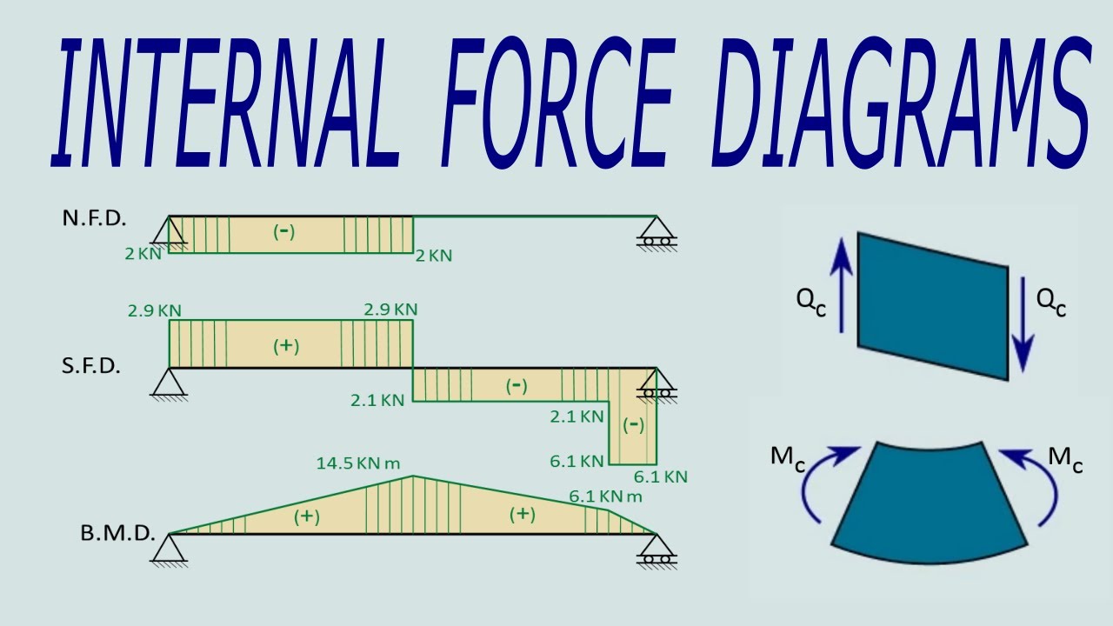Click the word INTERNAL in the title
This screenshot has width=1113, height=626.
[222, 103]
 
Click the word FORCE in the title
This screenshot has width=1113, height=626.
[556, 103]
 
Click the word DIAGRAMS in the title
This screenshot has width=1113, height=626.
[904, 103]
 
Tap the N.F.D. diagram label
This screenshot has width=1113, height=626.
[94, 218]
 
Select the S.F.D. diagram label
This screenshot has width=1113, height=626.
[90, 366]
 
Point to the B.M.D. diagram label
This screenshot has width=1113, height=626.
[117, 533]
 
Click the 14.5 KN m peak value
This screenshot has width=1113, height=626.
[363, 463]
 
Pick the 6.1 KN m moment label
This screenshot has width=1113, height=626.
[605, 496]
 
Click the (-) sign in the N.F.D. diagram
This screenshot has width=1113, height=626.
[284, 232]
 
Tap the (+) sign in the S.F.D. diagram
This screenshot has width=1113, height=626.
[286, 345]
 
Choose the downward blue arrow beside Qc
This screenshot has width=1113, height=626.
[1023, 320]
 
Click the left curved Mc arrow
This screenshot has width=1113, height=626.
[826, 483]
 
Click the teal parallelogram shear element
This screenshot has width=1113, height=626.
[932, 304]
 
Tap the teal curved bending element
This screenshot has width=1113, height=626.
[929, 504]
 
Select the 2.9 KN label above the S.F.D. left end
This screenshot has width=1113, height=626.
[154, 310]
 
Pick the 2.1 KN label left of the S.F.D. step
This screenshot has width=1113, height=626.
[377, 400]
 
